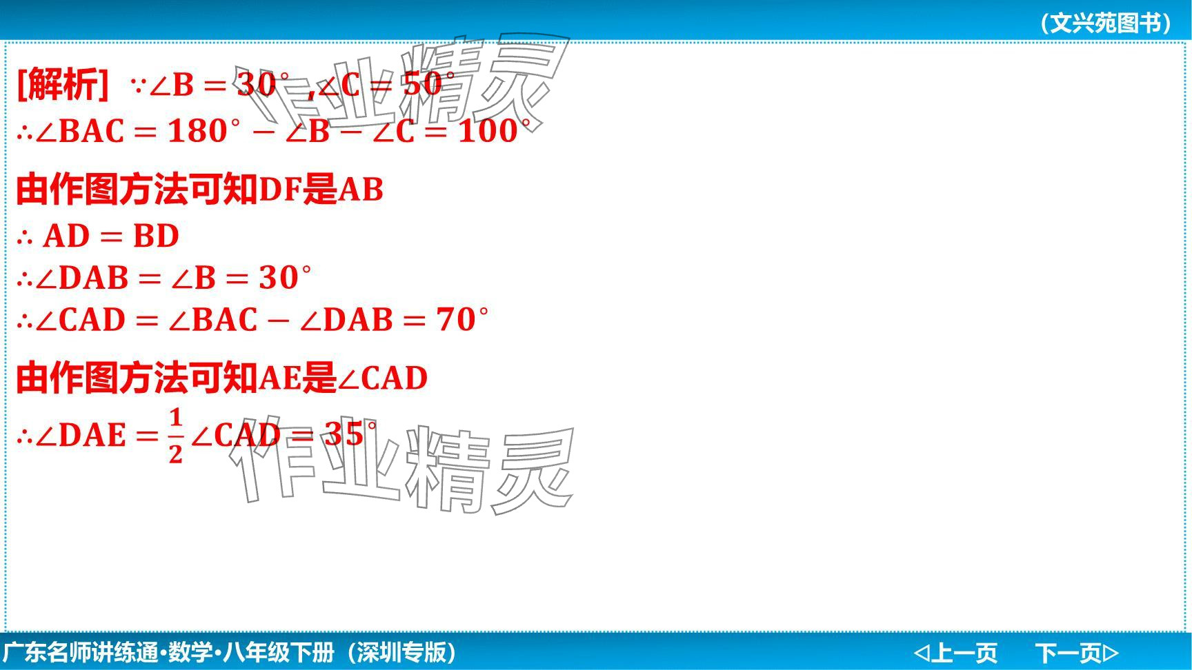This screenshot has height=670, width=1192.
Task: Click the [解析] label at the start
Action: (62, 85)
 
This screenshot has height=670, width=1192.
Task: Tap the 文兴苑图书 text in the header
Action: (1106, 23)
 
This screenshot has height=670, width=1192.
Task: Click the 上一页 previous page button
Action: (955, 652)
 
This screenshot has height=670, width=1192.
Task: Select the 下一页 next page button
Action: (1077, 652)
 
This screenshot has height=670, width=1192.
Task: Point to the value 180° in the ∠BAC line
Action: (205, 131)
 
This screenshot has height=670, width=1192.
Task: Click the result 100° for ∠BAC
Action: (495, 131)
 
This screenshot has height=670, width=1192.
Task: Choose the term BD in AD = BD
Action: (156, 236)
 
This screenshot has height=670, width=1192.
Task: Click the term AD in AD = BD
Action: (67, 236)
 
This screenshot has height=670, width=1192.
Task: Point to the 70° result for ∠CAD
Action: (462, 319)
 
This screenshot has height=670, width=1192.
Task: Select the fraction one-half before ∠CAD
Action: (176, 435)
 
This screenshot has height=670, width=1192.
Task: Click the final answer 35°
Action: (350, 434)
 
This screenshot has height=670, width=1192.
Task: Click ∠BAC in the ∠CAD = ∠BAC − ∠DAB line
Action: (212, 319)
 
